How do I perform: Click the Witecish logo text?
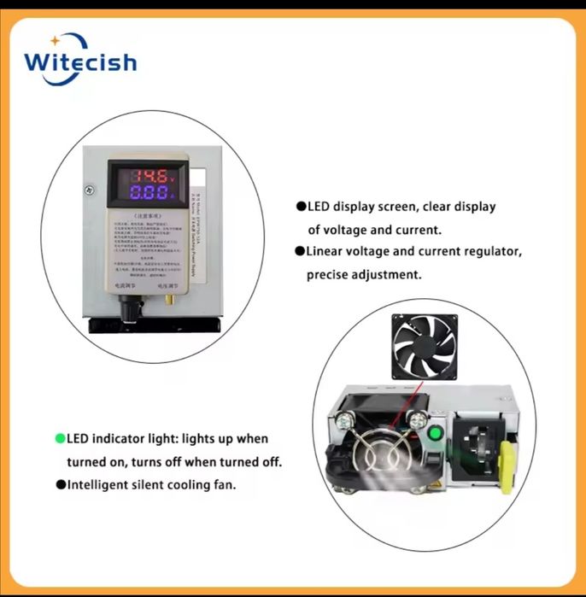(79, 62)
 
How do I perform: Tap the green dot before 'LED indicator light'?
(61, 439)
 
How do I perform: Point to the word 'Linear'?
(325, 252)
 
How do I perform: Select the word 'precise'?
(329, 275)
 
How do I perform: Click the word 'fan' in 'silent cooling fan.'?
(224, 484)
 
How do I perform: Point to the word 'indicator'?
(128, 439)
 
